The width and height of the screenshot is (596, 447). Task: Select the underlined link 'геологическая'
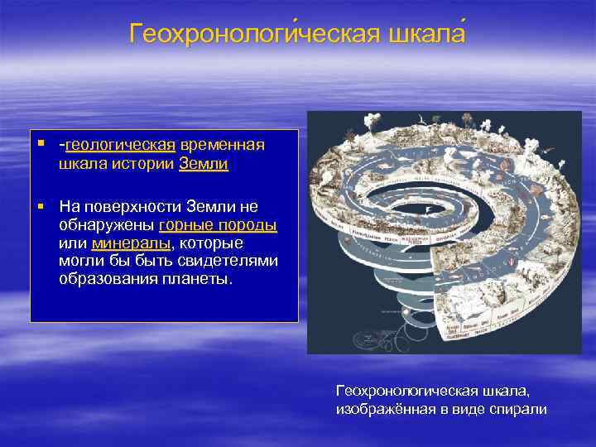pyautogui.click(x=120, y=145)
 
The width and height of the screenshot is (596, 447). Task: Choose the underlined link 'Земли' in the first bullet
pyautogui.click(x=204, y=164)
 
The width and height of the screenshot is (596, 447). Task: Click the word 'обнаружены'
pyautogui.click(x=106, y=224)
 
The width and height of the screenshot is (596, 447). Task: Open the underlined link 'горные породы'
pyautogui.click(x=218, y=224)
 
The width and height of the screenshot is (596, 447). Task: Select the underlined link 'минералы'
pyautogui.click(x=131, y=243)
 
